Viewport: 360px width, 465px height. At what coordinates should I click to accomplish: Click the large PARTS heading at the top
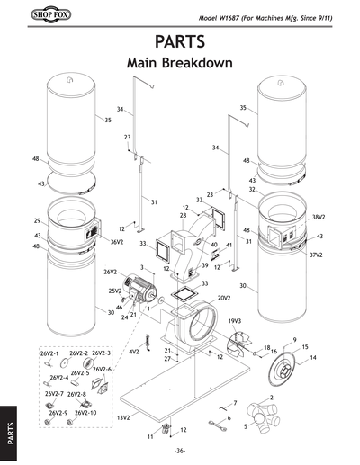[180, 42]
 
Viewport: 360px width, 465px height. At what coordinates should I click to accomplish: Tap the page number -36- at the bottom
[180, 451]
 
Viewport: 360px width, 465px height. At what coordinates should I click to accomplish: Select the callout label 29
[37, 220]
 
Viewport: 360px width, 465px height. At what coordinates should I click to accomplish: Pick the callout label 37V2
[316, 255]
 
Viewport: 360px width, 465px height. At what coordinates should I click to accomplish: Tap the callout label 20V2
[224, 297]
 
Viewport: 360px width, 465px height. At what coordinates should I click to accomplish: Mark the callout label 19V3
[234, 320]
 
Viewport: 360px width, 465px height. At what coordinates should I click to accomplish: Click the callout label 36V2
[117, 242]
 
